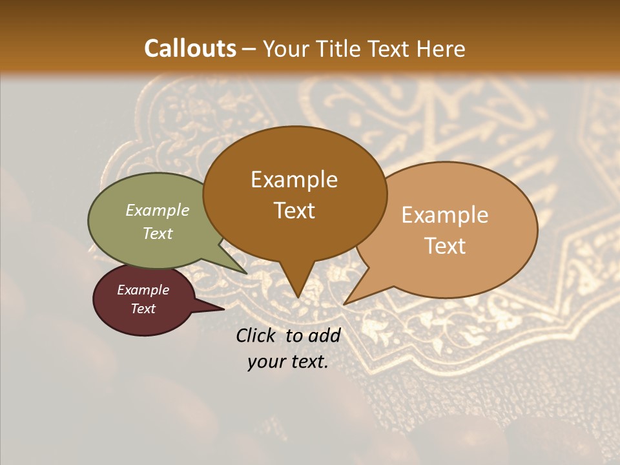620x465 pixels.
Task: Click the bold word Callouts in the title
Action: pos(190,48)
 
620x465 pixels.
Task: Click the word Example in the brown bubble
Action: pos(294,180)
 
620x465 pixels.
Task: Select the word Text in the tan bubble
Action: pos(445,246)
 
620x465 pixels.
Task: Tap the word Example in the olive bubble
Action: pos(158,210)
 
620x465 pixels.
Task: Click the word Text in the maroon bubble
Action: pos(143,309)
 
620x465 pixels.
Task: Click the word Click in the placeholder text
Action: pos(256,335)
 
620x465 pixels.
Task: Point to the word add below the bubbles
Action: pos(324,335)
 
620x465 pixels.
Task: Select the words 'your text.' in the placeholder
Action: pos(288,362)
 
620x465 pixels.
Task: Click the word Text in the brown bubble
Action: pos(294,211)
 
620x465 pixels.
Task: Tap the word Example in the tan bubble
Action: pos(445,215)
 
